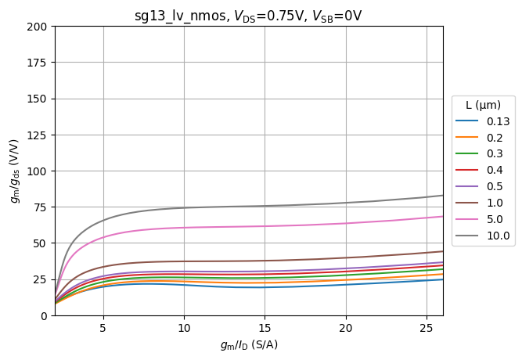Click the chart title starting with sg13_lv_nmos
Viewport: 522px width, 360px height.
[248, 16]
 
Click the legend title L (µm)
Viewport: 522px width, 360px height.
[483, 105]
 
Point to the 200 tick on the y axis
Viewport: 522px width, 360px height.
[40, 27]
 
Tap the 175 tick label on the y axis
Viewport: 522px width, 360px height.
[40, 63]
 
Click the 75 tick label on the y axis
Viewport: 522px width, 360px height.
[42, 207]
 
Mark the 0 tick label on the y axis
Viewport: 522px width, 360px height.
[45, 315]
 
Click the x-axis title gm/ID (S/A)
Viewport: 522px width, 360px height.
[248, 345]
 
